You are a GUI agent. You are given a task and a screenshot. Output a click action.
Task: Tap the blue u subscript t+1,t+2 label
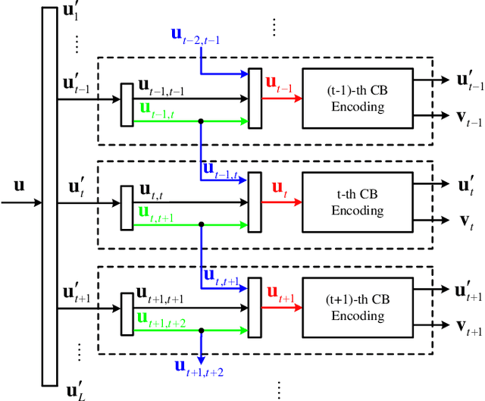199,368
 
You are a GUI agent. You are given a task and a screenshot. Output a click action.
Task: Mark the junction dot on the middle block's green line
201,224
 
